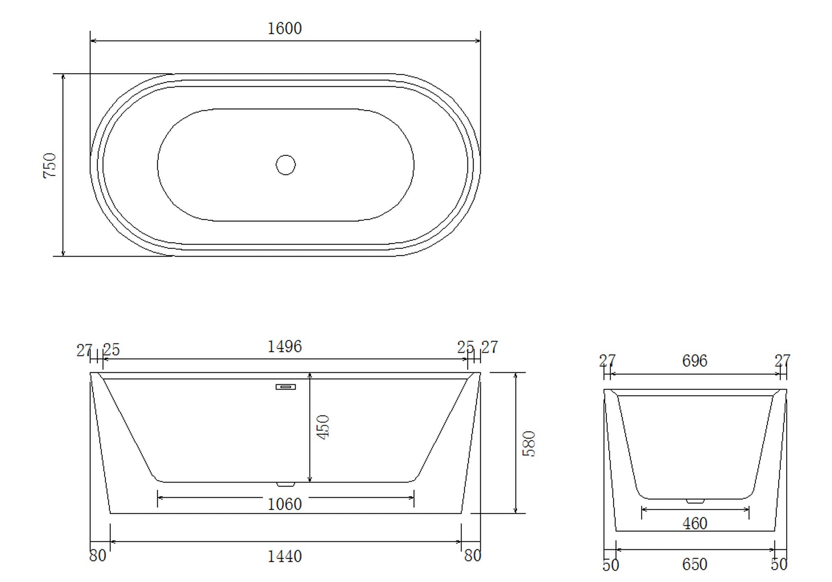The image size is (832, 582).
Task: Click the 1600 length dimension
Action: point(285,29)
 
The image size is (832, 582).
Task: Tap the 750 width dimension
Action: point(50,165)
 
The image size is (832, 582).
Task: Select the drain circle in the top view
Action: point(286,165)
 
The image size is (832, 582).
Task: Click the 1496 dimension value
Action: point(285,347)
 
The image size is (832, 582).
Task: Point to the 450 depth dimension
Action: point(323,427)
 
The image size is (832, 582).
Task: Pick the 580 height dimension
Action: point(529,444)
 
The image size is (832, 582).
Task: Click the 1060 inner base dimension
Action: point(285,504)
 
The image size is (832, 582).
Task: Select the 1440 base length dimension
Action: point(285,556)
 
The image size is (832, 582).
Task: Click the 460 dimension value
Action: point(695,524)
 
